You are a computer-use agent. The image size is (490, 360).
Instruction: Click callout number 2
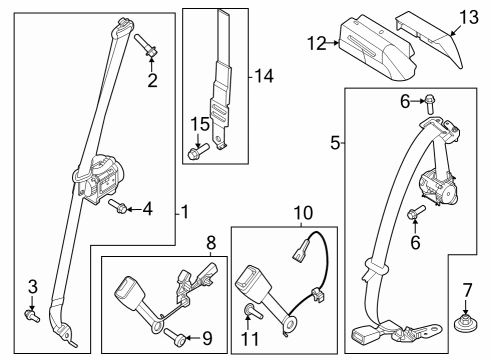153,81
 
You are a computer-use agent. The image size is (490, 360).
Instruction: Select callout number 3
32,288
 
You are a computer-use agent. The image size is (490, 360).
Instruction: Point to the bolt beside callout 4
117,208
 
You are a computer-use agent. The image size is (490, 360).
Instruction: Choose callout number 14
264,76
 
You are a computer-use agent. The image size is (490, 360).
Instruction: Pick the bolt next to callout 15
195,152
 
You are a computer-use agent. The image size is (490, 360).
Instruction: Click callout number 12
317,43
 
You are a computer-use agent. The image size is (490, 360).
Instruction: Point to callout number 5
336,143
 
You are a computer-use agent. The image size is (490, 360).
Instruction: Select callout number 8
211,242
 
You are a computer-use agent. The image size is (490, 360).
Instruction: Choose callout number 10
302,212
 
